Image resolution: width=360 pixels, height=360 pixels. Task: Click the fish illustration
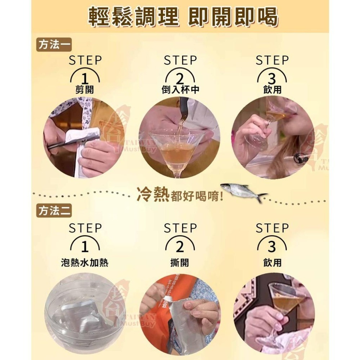(243, 191)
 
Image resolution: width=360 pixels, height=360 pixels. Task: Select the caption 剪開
(85, 90)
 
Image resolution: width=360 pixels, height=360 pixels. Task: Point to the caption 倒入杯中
(180, 90)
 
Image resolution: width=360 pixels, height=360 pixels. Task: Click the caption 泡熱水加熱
(85, 263)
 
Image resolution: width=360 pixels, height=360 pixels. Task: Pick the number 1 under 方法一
(85, 78)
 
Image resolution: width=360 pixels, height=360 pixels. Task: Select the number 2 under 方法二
(180, 247)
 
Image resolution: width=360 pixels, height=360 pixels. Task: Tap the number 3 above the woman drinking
(272, 78)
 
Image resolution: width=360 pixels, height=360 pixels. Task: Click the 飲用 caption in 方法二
(272, 263)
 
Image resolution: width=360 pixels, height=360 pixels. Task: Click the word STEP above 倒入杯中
(180, 60)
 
